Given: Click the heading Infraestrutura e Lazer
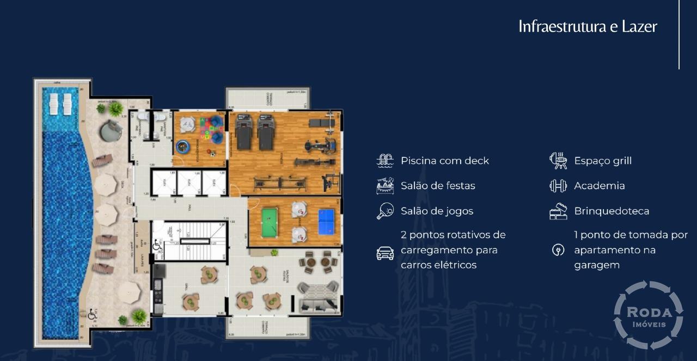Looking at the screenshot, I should coord(588,26).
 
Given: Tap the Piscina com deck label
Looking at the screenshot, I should coord(445,161).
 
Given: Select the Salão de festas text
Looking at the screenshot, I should coord(438,186).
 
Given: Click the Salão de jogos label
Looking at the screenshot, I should coord(437,211).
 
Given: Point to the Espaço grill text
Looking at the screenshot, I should coord(603,161).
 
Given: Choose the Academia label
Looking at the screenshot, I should coord(599,186).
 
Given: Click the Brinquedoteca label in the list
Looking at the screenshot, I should coord(612,211).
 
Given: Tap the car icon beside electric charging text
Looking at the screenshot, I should coord(385,253).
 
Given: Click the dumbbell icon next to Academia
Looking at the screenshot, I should coord(558,186).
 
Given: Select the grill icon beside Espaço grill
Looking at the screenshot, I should coord(558,161).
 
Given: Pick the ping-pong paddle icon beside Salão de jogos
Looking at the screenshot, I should coord(385,211).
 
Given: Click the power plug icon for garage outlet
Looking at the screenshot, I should coord(558,250).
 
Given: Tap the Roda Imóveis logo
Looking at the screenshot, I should coord(648,315).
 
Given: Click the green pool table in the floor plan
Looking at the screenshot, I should coord(269,223).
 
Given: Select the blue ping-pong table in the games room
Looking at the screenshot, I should coord(327,222).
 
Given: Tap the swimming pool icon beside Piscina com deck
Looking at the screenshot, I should coord(385,161).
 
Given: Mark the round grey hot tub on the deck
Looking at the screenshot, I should coord(111,131).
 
